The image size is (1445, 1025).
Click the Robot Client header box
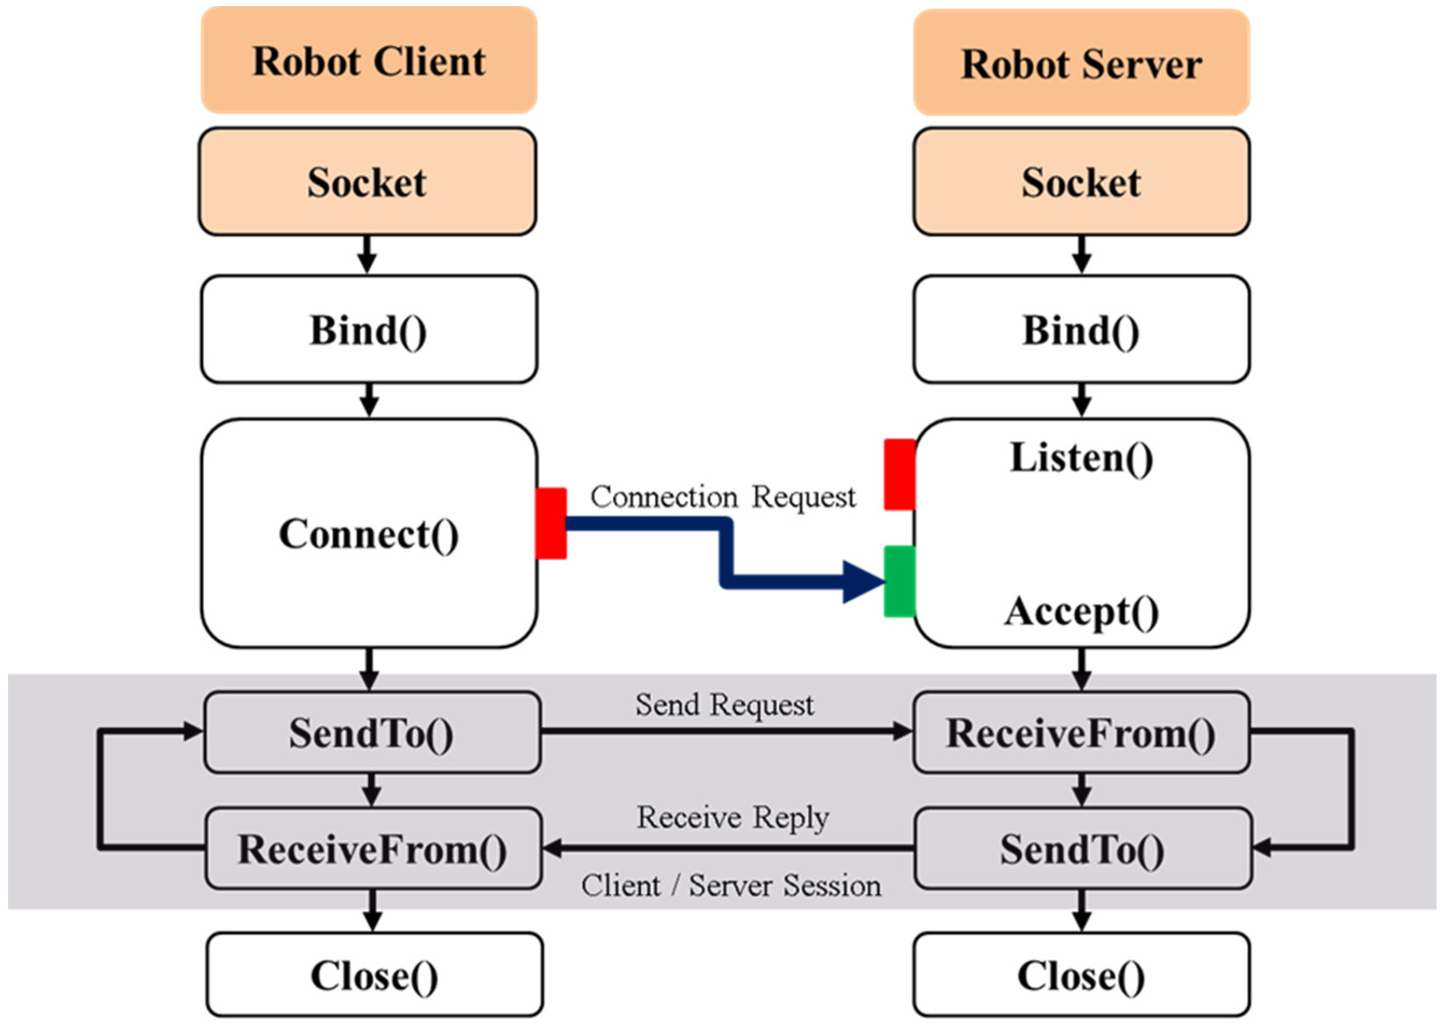(x=369, y=61)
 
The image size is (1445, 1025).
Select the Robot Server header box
(x=1081, y=63)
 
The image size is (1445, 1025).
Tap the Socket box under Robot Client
(x=368, y=182)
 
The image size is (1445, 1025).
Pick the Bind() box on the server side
(x=1081, y=329)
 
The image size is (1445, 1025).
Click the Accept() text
(x=1081, y=611)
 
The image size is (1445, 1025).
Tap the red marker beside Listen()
(x=899, y=475)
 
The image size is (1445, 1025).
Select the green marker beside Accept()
(x=899, y=581)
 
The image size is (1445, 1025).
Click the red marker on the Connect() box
(x=551, y=523)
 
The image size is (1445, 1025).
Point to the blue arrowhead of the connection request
(x=864, y=581)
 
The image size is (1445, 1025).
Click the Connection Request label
(x=722, y=497)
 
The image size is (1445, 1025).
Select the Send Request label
(x=724, y=704)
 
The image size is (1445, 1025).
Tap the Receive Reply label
(x=732, y=817)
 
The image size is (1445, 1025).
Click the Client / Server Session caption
(x=730, y=886)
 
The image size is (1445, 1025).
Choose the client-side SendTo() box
(x=372, y=732)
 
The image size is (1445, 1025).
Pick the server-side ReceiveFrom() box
(x=1081, y=732)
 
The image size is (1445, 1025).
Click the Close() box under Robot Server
(x=1081, y=975)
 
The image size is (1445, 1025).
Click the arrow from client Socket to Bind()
(x=368, y=255)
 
